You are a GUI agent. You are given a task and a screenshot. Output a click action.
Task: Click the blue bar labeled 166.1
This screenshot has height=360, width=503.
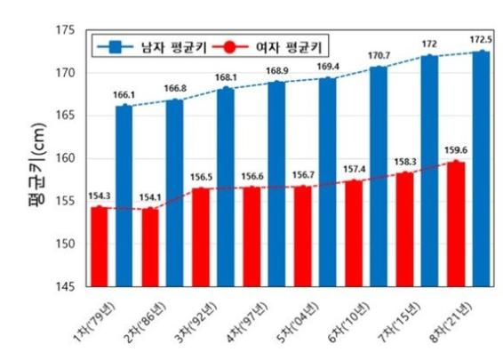click(124, 196)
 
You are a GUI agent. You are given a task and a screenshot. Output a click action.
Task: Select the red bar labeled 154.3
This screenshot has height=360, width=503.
click(99, 247)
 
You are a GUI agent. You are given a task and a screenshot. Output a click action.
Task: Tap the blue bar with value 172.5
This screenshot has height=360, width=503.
click(481, 169)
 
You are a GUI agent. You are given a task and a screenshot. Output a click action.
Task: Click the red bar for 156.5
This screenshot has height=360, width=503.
click(201, 237)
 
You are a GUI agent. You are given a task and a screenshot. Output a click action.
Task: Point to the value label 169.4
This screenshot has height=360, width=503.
click(328, 66)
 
